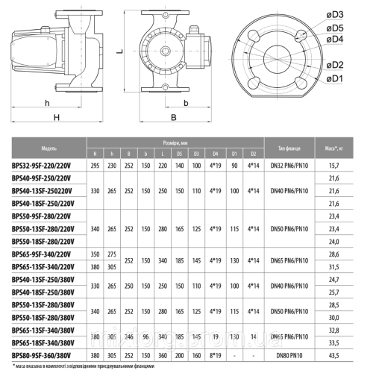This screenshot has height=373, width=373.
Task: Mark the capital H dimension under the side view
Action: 55,118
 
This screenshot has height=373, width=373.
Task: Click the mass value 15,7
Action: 344,165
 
